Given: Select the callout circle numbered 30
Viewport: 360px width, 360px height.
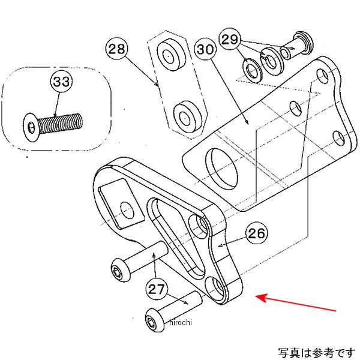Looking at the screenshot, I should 206,50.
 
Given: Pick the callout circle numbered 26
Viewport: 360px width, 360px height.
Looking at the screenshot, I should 256,234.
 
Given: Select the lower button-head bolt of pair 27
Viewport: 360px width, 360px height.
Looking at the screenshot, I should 171,307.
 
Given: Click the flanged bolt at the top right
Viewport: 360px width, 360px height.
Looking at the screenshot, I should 296,46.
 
